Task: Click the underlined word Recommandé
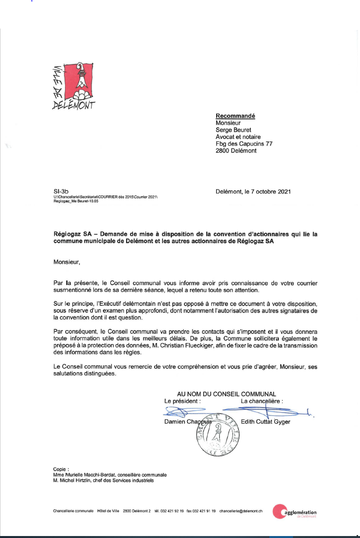pos(235,116)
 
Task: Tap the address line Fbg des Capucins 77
pos(244,144)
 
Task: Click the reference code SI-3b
pos(59,191)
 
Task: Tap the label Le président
pos(182,401)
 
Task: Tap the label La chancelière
pos(262,401)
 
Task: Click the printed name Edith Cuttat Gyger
pos(265,422)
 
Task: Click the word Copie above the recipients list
pos(61,469)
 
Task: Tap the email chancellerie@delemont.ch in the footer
pos(241,511)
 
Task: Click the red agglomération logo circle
pos(279,512)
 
